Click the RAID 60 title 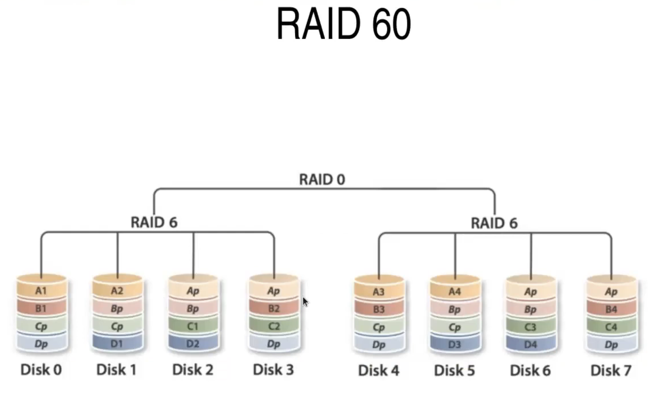pyautogui.click(x=343, y=24)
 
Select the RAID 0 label pyautogui.click(x=322, y=179)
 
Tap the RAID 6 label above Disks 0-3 pyautogui.click(x=154, y=222)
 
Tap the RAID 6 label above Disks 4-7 pyautogui.click(x=494, y=223)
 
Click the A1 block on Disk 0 pyautogui.click(x=41, y=291)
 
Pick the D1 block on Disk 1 pyautogui.click(x=117, y=343)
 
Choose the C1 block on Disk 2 pyautogui.click(x=193, y=326)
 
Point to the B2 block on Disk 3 pyautogui.click(x=274, y=308)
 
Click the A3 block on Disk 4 pyautogui.click(x=379, y=292)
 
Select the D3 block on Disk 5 pyautogui.click(x=454, y=344)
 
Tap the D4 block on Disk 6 pyautogui.click(x=531, y=344)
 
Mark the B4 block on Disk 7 pyautogui.click(x=611, y=310)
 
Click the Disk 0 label pyautogui.click(x=41, y=370)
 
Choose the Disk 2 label pyautogui.click(x=193, y=370)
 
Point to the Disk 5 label pyautogui.click(x=454, y=371)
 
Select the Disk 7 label pyautogui.click(x=611, y=371)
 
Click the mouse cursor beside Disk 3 pyautogui.click(x=305, y=302)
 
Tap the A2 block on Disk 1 pyautogui.click(x=117, y=291)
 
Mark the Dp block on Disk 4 pyautogui.click(x=379, y=345)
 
